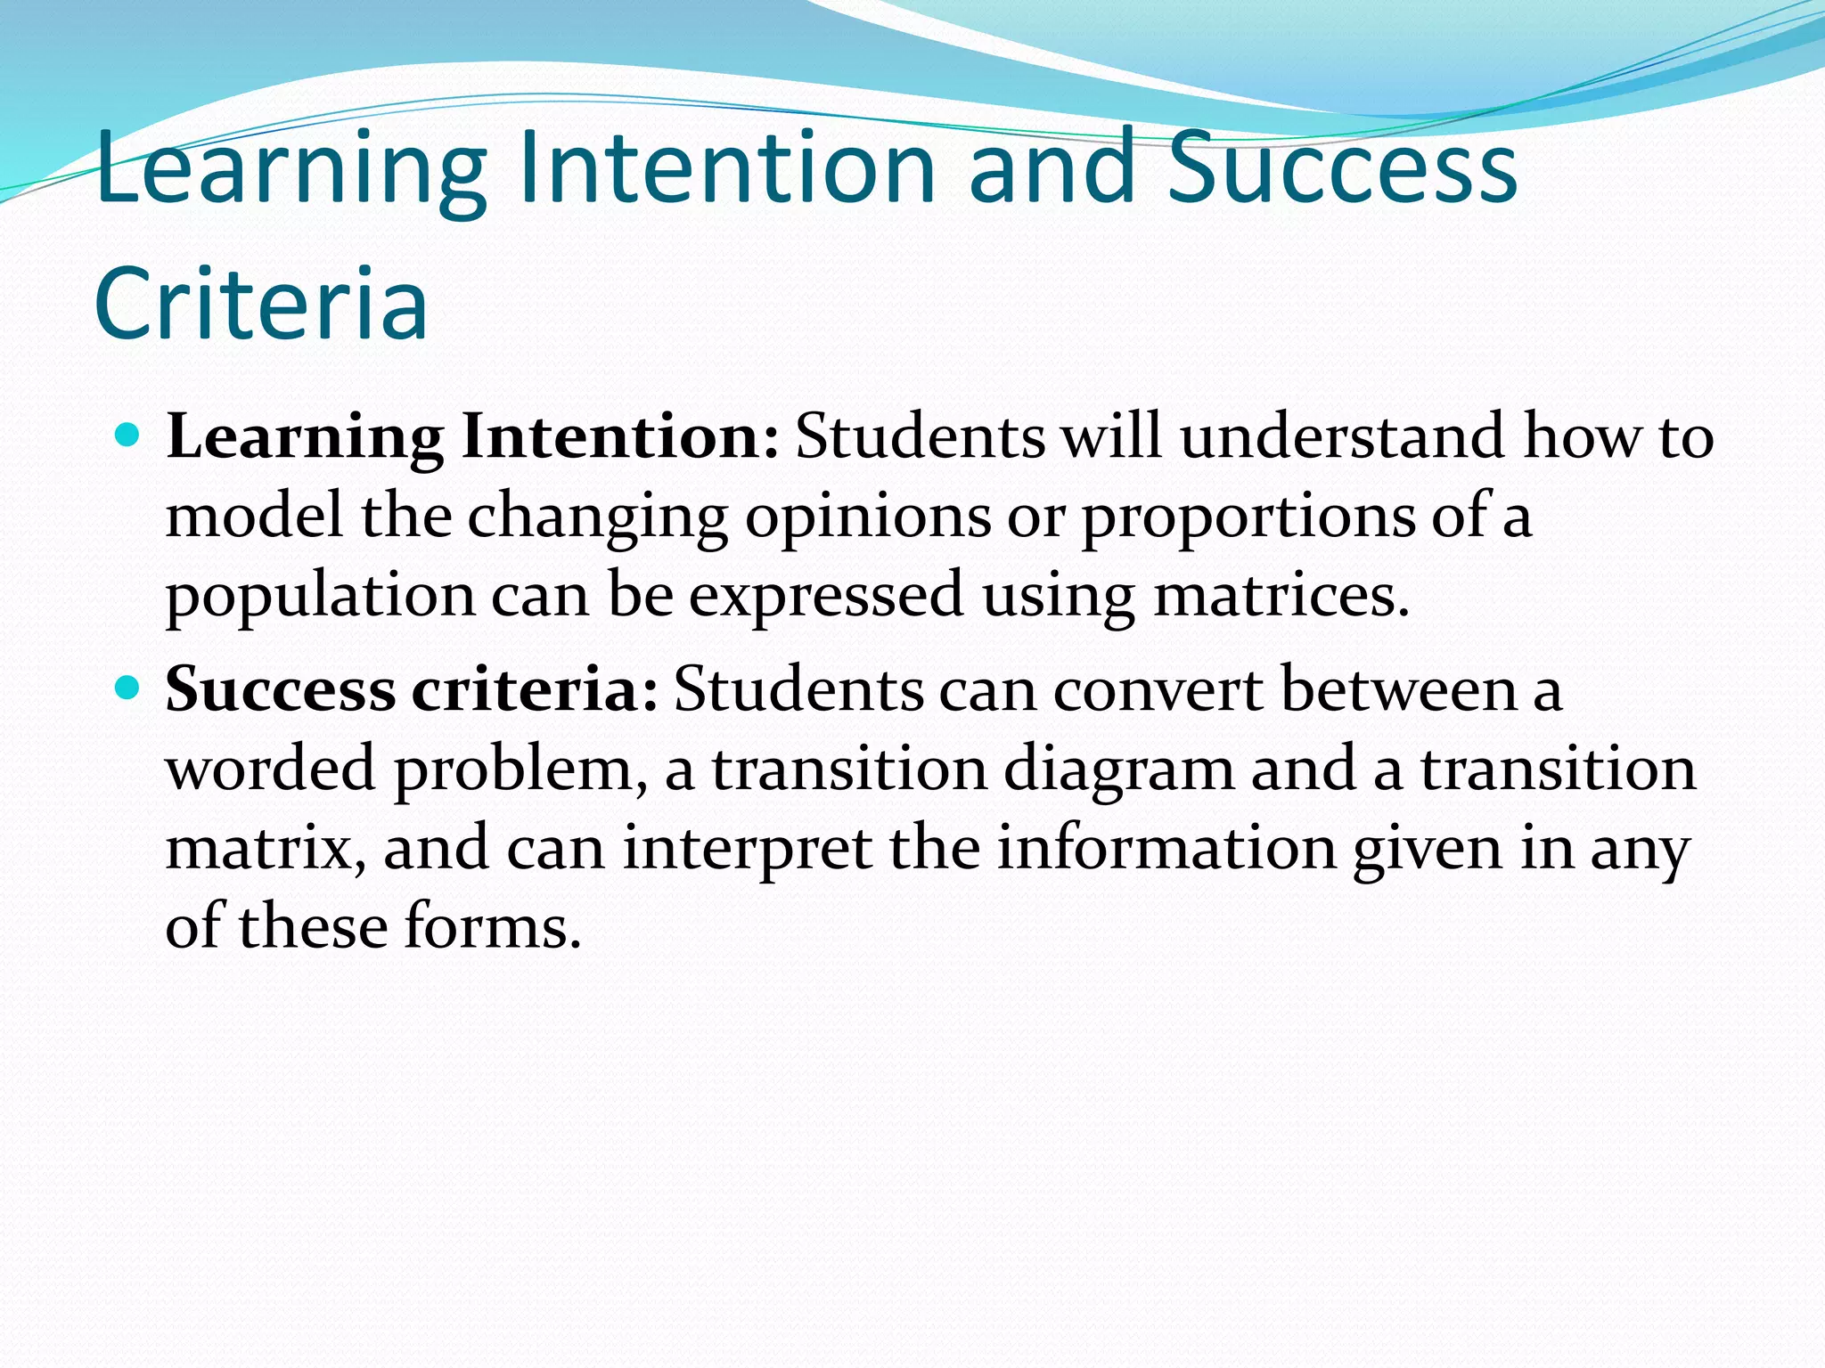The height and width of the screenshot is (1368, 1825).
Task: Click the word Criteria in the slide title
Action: (261, 303)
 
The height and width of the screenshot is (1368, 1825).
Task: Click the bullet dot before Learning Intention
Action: (128, 436)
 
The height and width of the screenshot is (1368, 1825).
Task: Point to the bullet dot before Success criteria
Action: (128, 688)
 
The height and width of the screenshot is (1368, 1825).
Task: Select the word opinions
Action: (867, 517)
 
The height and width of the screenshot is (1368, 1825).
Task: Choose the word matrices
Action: (1281, 595)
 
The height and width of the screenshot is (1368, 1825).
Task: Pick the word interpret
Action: (747, 848)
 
